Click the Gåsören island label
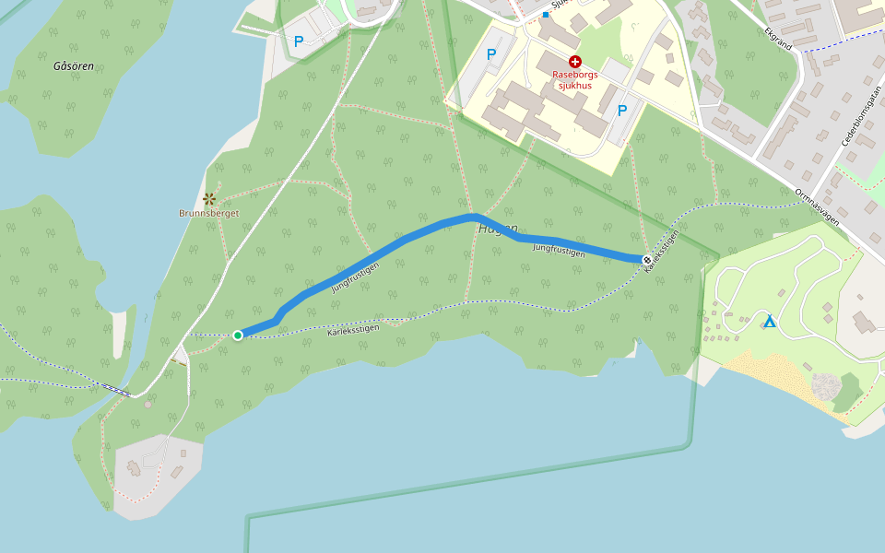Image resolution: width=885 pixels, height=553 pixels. tap(74, 66)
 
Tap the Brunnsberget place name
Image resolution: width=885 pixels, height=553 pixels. tap(209, 213)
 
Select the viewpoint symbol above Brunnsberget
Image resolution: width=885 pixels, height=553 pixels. tap(209, 198)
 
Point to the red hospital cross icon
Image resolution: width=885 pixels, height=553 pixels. tap(575, 61)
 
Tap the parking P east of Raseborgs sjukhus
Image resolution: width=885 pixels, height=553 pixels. tap(622, 111)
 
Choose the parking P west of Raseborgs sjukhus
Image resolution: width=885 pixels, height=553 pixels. tap(491, 54)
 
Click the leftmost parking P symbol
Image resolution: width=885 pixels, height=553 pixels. tap(299, 41)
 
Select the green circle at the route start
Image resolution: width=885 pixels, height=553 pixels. tap(238, 335)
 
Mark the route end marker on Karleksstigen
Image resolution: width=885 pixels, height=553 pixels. tap(647, 260)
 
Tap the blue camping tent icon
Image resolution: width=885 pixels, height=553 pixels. tap(769, 322)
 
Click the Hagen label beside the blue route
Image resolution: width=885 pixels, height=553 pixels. tap(499, 229)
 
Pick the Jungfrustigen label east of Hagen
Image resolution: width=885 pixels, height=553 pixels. tap(559, 249)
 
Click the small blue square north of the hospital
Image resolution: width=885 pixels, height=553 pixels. tap(546, 15)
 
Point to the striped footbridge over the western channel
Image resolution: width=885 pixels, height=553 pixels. tap(116, 390)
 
